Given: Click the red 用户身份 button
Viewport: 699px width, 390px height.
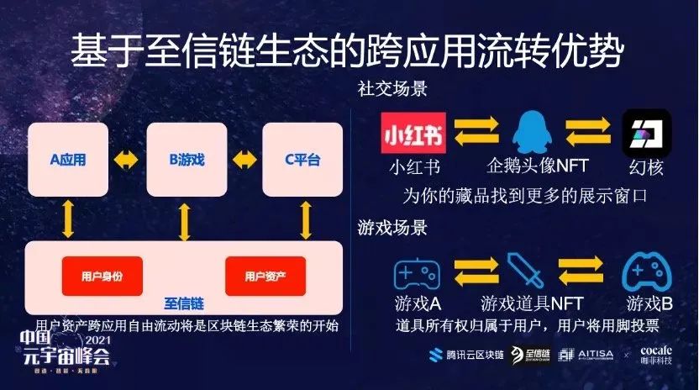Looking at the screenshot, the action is click(x=102, y=276).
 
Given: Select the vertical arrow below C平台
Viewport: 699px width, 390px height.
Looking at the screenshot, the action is click(x=306, y=220).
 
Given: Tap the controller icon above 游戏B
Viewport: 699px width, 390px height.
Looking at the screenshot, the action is click(x=644, y=274).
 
